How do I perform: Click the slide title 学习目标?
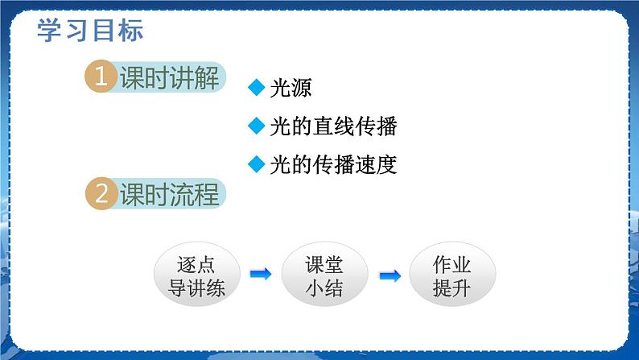[90, 30]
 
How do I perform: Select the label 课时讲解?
[169, 79]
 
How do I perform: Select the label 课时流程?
[169, 195]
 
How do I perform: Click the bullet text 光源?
[291, 89]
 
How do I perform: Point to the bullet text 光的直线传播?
[333, 126]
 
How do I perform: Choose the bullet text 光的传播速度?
[333, 164]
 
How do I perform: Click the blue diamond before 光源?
[257, 89]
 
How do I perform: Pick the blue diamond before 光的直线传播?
[257, 126]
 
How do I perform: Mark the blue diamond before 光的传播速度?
[257, 164]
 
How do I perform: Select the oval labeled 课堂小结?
[324, 275]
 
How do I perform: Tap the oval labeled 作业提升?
[451, 275]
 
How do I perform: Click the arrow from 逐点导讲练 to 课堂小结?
[261, 275]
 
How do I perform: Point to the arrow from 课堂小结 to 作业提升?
[390, 275]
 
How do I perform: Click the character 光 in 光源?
[280, 89]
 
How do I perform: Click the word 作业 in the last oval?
[451, 265]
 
